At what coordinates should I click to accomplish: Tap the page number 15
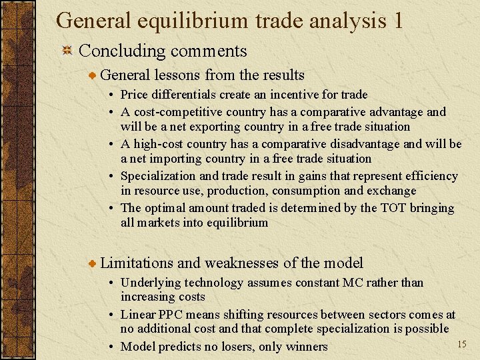click(461, 343)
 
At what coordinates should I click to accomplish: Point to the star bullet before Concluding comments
click(67, 51)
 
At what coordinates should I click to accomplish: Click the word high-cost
click(158, 144)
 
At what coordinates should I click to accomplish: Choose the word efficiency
click(432, 176)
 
